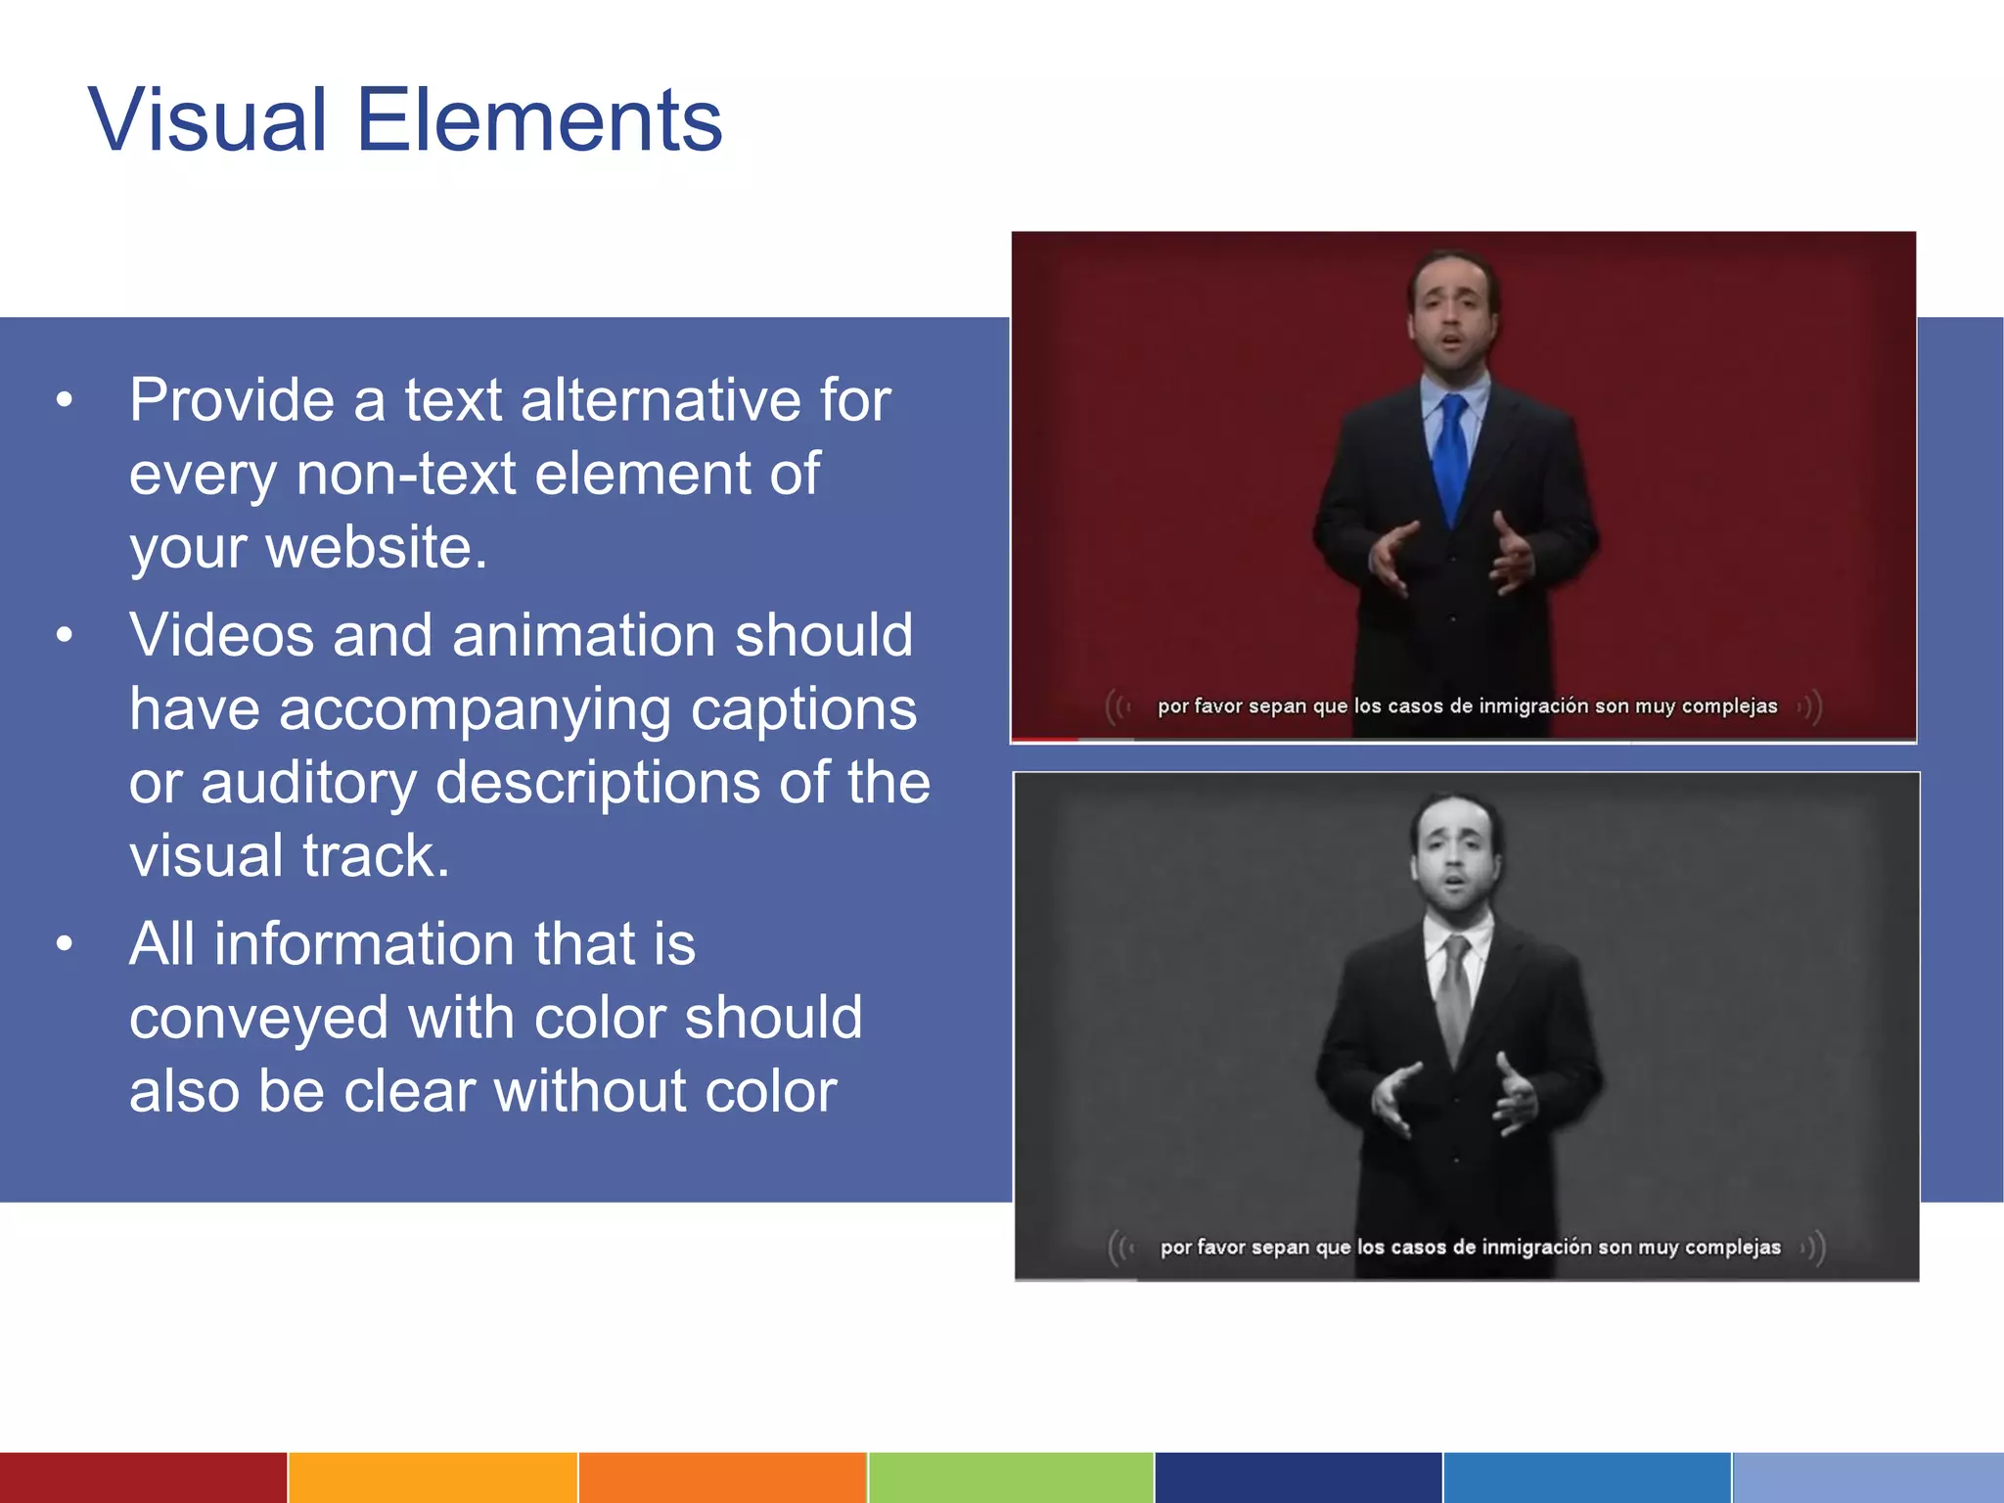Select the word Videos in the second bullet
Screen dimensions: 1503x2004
coord(221,635)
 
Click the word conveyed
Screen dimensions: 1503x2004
coord(258,1018)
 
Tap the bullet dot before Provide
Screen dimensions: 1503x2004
coord(65,400)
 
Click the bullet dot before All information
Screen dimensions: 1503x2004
coord(65,943)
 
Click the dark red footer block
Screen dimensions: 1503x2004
coord(143,1478)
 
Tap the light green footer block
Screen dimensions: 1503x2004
coord(1011,1478)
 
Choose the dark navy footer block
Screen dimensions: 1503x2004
coord(1298,1478)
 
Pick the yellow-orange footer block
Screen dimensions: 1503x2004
coord(433,1478)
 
